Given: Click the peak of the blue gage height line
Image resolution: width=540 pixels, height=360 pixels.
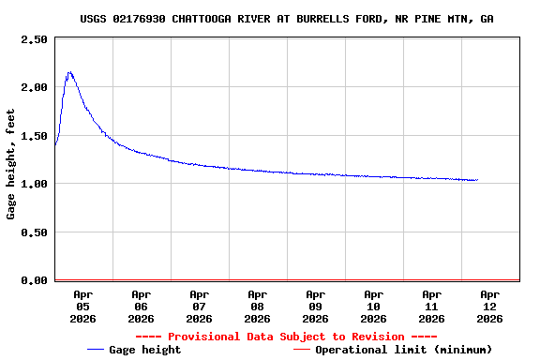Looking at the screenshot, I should [69, 72].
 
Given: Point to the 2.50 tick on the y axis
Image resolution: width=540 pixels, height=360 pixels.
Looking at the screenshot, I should [34, 39].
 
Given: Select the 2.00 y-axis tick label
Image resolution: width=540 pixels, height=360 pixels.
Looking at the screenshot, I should [34, 87].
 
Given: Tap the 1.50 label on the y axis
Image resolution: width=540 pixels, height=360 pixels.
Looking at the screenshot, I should [34, 136].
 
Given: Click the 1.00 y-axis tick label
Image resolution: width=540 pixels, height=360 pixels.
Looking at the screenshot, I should [34, 184].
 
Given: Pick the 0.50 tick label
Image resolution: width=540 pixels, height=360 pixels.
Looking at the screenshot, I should [34, 232].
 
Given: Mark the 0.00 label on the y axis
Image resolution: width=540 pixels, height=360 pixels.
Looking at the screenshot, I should [34, 280].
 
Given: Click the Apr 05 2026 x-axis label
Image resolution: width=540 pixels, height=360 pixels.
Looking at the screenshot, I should [82, 306].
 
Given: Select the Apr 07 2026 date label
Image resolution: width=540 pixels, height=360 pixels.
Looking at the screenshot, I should [199, 306].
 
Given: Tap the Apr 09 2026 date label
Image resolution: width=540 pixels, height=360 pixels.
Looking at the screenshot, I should [315, 306].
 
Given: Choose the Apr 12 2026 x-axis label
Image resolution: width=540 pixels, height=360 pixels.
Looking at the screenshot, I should [489, 306].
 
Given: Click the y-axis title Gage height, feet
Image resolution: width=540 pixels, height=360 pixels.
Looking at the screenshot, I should [11, 164].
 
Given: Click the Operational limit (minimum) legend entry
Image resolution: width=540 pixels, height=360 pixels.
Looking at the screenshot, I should [403, 350].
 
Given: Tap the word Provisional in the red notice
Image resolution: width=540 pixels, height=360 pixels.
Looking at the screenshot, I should [208, 337].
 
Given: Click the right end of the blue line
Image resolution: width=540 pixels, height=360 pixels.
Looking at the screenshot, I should [477, 179].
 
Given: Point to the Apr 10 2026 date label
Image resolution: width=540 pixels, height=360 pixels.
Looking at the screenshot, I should [373, 306].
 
